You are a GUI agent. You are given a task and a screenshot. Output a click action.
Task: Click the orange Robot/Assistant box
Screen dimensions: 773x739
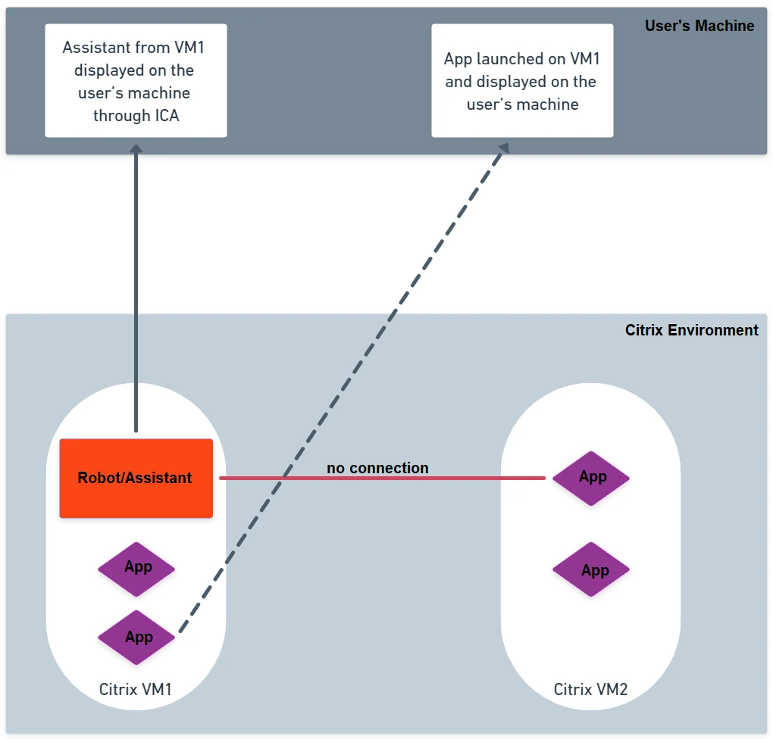coord(136,478)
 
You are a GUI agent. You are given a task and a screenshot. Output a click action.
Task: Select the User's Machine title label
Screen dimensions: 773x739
coord(699,26)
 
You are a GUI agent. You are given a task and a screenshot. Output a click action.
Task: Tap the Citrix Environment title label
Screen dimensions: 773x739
coord(692,330)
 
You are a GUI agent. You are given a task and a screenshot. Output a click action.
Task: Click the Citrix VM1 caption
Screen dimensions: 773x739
coord(135,689)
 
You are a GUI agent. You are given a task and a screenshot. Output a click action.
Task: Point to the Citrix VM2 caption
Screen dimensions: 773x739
coord(590,689)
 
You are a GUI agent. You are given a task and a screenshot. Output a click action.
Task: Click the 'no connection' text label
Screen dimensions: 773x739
coord(377,467)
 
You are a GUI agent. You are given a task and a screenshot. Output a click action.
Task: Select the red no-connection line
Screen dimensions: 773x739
coord(382,478)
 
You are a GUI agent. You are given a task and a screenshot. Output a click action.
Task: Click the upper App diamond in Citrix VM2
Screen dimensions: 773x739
coord(591,478)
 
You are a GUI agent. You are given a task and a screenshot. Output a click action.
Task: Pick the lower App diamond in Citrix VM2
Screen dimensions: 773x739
coord(591,569)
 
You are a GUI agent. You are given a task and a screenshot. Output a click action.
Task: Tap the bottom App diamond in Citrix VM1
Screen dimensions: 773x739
coord(136,637)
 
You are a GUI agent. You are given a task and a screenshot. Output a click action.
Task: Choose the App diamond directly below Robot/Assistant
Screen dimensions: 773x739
coord(136,569)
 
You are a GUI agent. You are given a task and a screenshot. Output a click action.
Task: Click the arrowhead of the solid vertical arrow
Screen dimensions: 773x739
coord(136,148)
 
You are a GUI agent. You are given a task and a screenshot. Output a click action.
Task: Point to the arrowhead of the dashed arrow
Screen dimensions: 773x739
coord(504,148)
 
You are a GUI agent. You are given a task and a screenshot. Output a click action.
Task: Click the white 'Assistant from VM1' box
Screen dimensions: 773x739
coord(136,81)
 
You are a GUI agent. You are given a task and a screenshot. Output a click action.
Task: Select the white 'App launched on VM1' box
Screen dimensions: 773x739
coord(523,81)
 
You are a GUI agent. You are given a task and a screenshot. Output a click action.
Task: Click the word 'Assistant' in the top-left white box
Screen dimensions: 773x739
coord(97,47)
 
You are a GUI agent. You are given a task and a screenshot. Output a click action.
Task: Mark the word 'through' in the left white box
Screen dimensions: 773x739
coord(122,116)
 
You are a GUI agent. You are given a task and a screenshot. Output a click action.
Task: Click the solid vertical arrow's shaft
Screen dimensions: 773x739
coord(136,292)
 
